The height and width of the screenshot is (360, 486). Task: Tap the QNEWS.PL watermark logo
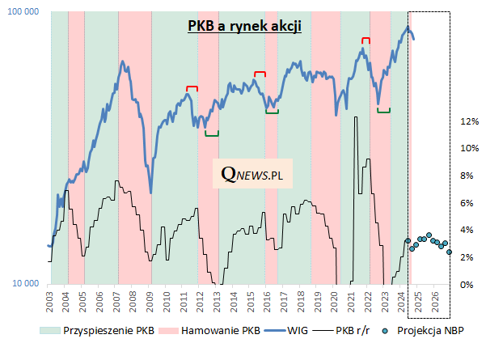[x=252, y=173]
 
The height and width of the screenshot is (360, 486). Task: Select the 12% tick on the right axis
[x=469, y=121]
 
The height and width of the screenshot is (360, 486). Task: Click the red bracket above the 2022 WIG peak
[x=366, y=39]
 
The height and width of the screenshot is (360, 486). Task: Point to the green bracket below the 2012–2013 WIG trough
[x=211, y=133]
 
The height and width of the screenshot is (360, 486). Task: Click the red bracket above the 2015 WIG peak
[x=260, y=74]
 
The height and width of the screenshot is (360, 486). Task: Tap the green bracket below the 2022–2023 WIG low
[x=384, y=110]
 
